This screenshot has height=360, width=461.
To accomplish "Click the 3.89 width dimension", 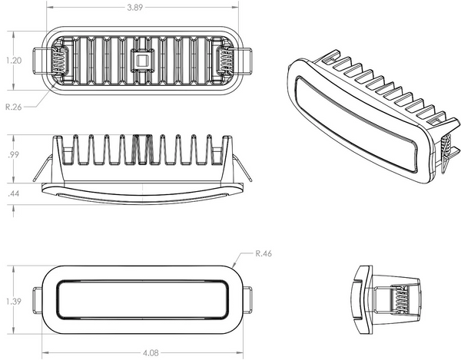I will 138,7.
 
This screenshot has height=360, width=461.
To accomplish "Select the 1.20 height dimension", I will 15,60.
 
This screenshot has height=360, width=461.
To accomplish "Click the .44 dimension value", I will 14,195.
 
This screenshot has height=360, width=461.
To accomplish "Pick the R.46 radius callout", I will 265,252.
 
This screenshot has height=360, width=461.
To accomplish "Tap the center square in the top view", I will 141,58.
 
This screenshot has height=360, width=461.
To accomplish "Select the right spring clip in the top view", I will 224,59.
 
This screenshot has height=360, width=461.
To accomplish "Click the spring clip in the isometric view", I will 448,154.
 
